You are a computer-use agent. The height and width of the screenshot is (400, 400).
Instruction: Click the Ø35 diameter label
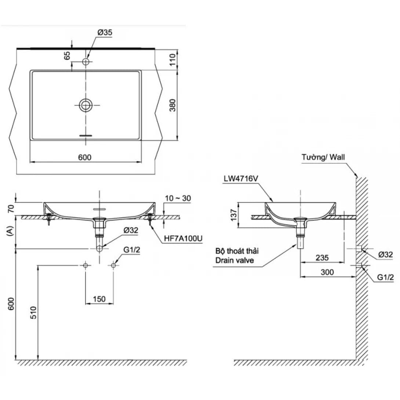pyautogui.click(x=105, y=33)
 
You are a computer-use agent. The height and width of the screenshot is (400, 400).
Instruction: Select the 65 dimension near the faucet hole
pyautogui.click(x=67, y=56)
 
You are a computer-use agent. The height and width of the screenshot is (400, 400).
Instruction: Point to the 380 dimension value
pyautogui.click(x=173, y=105)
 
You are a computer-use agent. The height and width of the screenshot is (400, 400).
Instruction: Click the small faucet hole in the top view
pyautogui.click(x=86, y=61)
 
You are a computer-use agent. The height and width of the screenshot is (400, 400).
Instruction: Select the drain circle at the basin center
pyautogui.click(x=86, y=106)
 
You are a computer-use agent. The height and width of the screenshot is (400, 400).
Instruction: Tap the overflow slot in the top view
pyautogui.click(x=86, y=135)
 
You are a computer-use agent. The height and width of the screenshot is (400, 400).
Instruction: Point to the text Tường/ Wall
pyautogui.click(x=323, y=157)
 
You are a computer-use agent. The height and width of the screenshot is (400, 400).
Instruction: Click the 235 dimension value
pyautogui.click(x=322, y=258)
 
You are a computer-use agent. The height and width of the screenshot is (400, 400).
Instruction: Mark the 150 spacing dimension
pyautogui.click(x=99, y=299)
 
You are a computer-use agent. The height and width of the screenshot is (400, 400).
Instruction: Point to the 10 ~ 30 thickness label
pyautogui.click(x=178, y=199)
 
